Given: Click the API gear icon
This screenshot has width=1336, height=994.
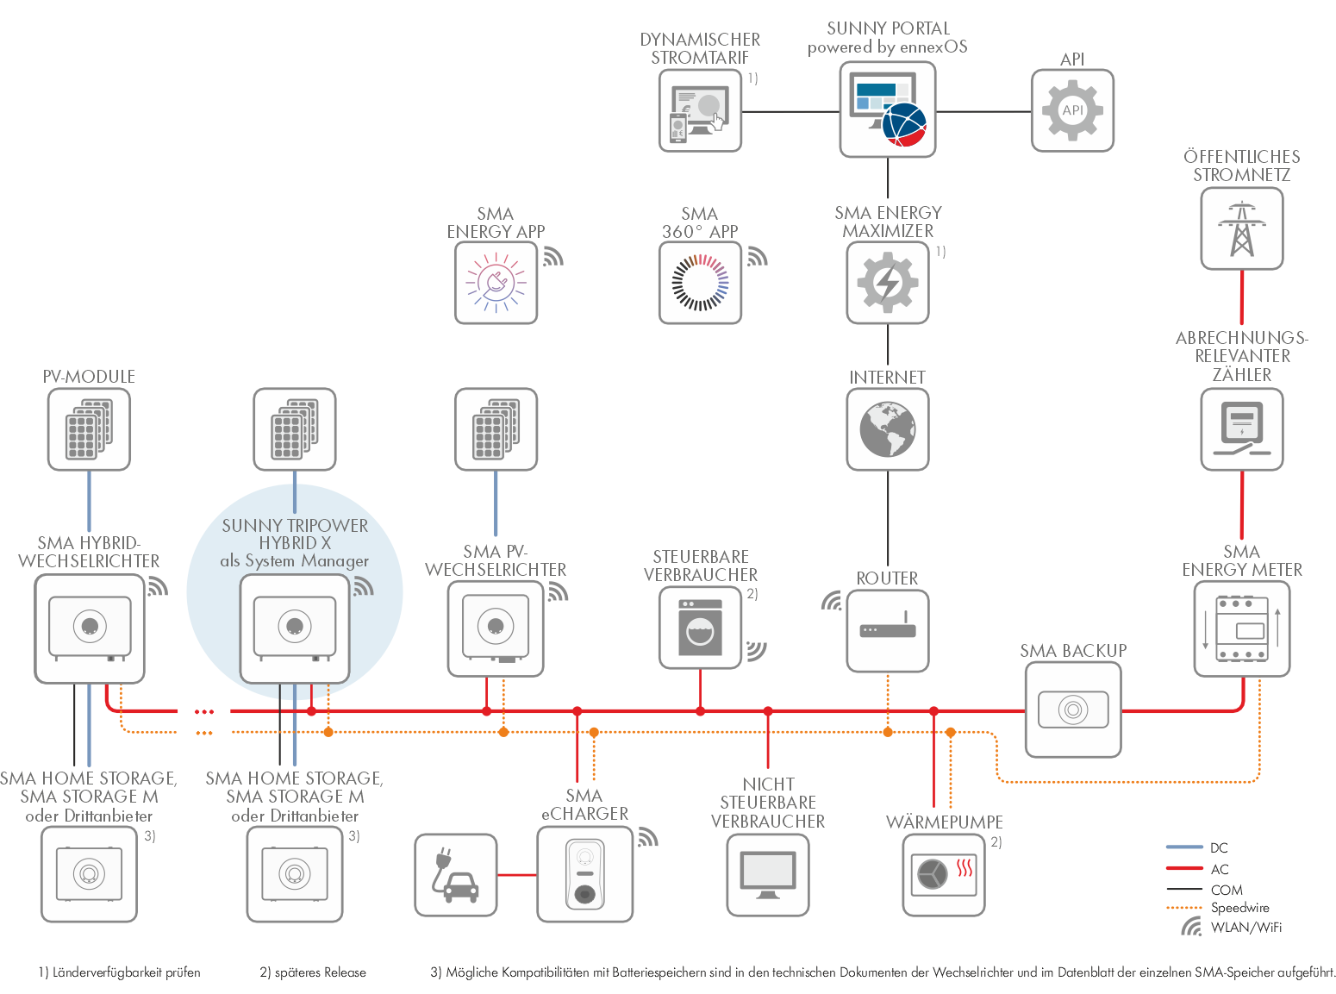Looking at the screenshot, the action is coord(1072,111).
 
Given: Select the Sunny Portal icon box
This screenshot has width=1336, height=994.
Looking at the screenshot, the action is coord(887,109).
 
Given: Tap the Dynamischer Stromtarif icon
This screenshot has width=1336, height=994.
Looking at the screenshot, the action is coord(700,111).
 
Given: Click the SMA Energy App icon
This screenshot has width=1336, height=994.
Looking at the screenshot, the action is coord(496,283).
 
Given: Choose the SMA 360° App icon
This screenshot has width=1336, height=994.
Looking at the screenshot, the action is coord(700,283).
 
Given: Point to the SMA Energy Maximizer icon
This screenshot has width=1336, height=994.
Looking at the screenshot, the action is coord(887,283).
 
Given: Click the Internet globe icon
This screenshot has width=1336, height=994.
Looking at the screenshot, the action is coord(887,429).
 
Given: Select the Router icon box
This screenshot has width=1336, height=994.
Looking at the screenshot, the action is coord(887,631).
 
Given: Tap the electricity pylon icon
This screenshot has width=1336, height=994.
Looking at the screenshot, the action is coord(1241,229).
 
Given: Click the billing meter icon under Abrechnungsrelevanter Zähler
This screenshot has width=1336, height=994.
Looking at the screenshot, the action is coord(1241,429).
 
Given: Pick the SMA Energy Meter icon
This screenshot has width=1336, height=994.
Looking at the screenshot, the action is coord(1241,629).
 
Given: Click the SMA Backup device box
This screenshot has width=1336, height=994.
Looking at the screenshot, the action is coord(1073,710).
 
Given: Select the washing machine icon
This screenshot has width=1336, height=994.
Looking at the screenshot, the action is coord(700,628).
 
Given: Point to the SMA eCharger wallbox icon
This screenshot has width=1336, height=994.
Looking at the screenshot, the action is coord(584,874).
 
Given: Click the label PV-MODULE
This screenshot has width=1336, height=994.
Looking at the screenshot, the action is coord(89,377).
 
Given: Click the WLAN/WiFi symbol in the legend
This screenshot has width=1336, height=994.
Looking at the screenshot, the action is coord(1191,927).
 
